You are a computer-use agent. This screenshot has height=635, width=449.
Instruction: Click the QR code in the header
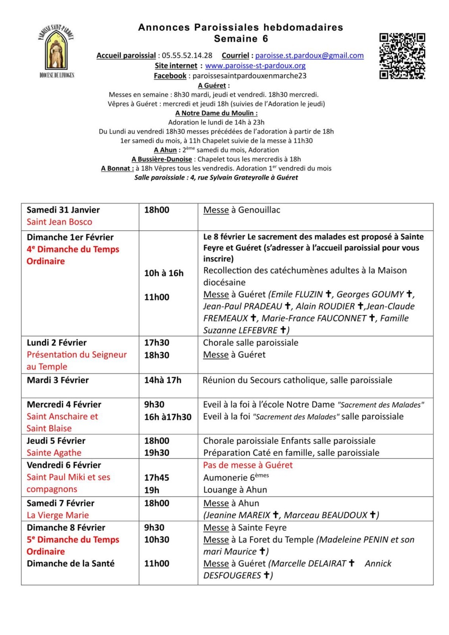coord(402,56)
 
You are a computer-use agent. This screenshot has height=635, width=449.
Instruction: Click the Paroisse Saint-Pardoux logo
coord(56,51)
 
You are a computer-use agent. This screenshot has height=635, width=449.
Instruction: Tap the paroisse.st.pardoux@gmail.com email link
coord(309,56)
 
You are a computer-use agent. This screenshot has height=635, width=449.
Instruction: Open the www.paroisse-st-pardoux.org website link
coord(255,65)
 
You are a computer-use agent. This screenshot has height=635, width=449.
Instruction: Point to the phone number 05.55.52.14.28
coord(187,56)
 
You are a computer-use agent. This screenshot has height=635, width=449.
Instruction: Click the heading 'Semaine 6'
coord(241,39)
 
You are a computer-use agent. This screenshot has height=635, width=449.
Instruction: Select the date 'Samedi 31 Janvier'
coord(63,210)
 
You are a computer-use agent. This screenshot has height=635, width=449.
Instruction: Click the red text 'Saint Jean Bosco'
coord(59,222)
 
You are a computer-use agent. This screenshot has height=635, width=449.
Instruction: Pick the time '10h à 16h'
coord(164,273)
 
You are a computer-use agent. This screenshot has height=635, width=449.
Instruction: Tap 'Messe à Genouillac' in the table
coord(241,210)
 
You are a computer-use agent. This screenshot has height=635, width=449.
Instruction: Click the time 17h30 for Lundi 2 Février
coord(156,343)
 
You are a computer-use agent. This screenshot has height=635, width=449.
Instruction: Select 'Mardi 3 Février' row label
coord(58,380)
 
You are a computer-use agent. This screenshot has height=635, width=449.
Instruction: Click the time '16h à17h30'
coord(168,417)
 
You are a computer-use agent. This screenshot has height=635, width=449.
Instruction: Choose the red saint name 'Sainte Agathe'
coord(54,453)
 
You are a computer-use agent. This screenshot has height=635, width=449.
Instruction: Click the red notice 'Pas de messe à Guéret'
coord(248,465)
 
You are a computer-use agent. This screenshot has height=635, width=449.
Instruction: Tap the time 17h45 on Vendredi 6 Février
coord(156,477)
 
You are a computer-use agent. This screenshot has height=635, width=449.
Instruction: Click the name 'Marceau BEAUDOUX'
coord(326,515)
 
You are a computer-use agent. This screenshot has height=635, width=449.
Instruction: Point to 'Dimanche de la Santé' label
coord(70,564)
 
